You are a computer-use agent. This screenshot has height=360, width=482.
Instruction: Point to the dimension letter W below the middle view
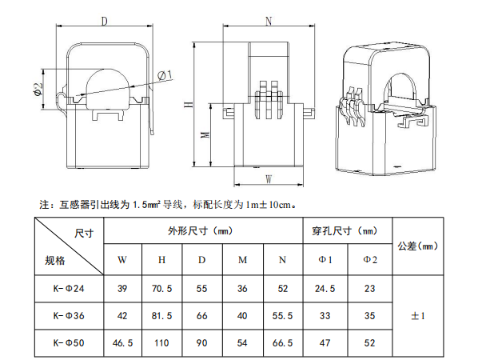point(269,177)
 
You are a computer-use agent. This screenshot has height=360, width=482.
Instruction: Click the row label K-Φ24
point(69,287)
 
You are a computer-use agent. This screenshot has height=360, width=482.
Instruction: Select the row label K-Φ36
point(69,316)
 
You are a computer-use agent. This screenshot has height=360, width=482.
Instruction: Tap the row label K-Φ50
point(69,344)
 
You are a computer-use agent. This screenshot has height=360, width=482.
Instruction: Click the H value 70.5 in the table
point(162,287)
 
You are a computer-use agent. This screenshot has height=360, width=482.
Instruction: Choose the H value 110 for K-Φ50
point(162,344)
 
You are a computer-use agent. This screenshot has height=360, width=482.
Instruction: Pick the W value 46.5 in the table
point(122,344)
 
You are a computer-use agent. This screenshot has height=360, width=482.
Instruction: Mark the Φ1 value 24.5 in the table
point(325,287)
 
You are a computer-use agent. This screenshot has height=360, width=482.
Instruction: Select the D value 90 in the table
point(202,344)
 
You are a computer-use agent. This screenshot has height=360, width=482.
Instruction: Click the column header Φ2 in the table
point(370,259)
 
